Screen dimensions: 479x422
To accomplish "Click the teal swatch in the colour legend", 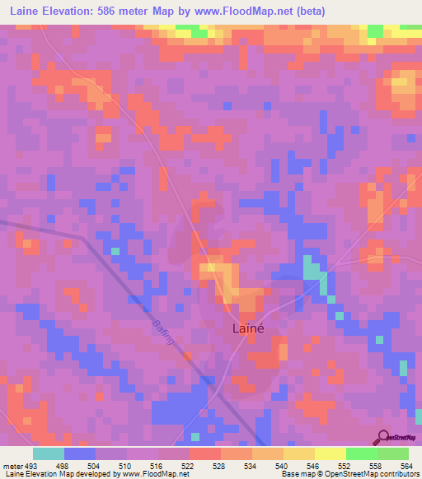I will [x=49, y=453].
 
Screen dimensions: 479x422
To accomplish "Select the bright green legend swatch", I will [x=361, y=453].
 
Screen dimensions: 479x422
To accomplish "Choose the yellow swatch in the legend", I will [x=330, y=453].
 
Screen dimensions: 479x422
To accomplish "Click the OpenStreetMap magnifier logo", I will [x=381, y=437].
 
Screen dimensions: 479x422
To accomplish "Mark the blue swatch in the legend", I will [x=80, y=453].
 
